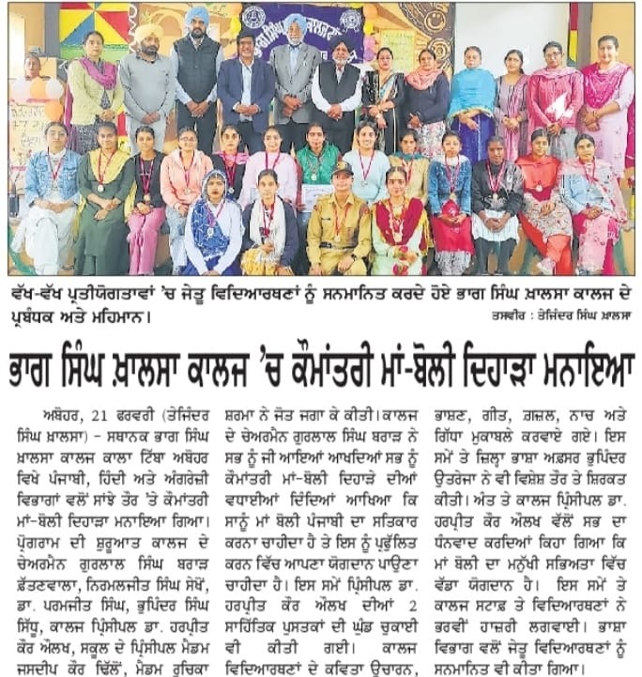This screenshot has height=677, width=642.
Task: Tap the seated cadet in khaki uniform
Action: (x=339, y=225)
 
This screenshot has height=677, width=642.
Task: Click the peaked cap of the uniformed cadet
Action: (x=340, y=170)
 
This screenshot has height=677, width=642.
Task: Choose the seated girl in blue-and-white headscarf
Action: (x=211, y=225)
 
